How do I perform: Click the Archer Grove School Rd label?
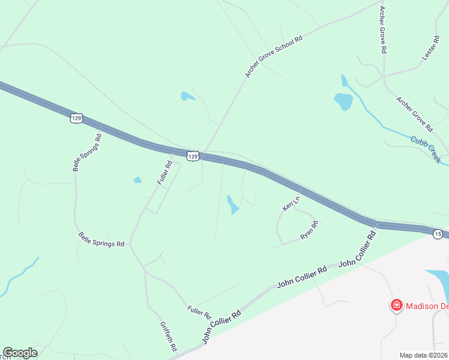click(x=274, y=56)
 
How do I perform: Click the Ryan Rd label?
click(x=309, y=230)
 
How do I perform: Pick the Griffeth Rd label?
click(x=169, y=336)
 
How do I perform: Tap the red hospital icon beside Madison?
click(x=396, y=306)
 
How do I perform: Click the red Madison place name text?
click(x=427, y=306)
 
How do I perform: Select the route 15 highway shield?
click(x=438, y=233)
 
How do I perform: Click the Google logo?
click(x=20, y=353)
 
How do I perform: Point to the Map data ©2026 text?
click(x=424, y=355)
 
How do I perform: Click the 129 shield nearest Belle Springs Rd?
click(x=76, y=119)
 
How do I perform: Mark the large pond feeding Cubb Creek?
click(x=343, y=101)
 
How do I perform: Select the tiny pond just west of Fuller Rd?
click(x=137, y=179)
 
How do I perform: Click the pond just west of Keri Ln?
click(x=232, y=204)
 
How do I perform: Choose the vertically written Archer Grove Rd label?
click(x=382, y=30)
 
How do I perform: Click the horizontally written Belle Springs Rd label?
click(x=101, y=240)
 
